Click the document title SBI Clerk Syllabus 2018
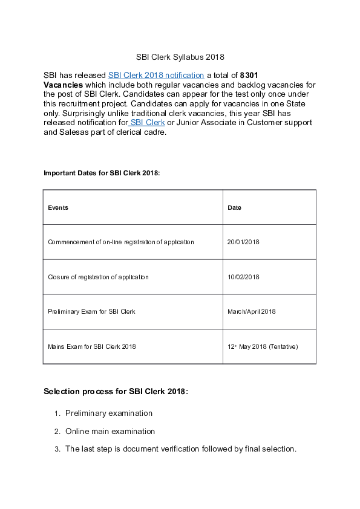[180, 57]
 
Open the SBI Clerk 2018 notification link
[155, 76]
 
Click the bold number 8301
[249, 76]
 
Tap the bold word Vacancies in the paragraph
[63, 85]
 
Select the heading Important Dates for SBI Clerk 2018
[102, 173]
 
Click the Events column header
[58, 207]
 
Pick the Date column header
[234, 207]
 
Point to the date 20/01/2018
[243, 242]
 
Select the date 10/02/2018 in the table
[243, 277]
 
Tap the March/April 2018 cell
[251, 311]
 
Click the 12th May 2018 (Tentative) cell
[263, 346]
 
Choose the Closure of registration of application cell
[98, 277]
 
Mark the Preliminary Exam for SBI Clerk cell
[91, 311]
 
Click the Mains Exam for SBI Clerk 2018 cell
[92, 346]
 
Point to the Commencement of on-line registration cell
[121, 242]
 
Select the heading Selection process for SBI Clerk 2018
[116, 392]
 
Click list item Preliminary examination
[109, 413]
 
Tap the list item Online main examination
[110, 432]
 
